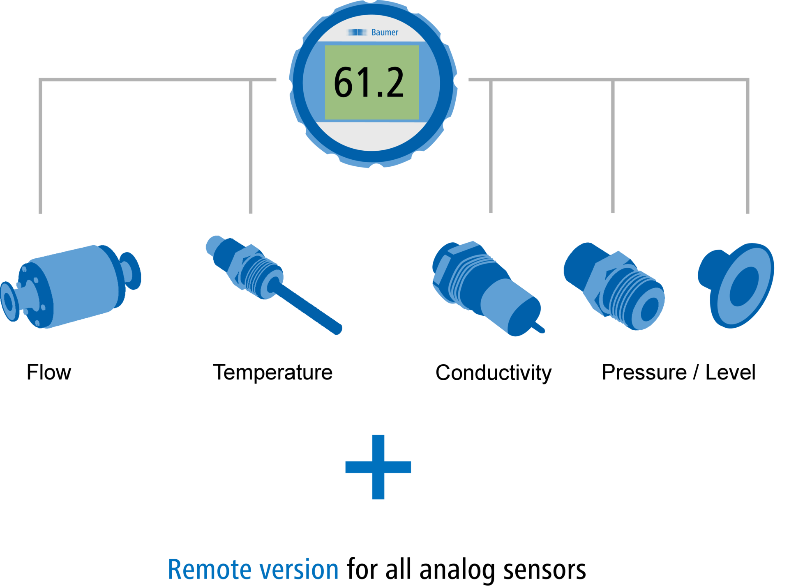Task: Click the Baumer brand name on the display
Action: tap(385, 32)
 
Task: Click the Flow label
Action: tap(49, 372)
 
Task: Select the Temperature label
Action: tap(272, 372)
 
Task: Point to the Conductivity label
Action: tap(494, 373)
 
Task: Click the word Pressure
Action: tap(644, 372)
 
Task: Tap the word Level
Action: tap(730, 372)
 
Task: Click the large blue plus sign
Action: tap(378, 467)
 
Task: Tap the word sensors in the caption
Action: tap(544, 570)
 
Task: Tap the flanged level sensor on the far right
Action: tap(736, 285)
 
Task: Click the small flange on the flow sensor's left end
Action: tap(9, 301)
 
